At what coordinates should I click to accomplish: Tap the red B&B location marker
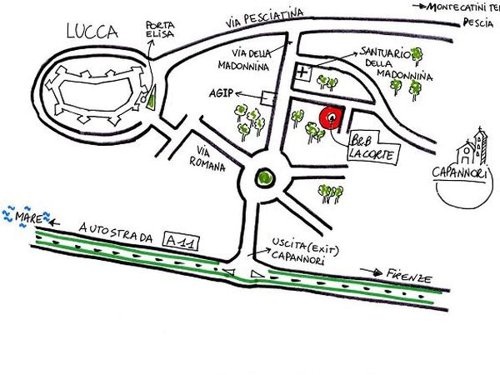pos(331,119)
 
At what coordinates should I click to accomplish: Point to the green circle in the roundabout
pos(265,177)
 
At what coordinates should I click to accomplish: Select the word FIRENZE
pos(410,275)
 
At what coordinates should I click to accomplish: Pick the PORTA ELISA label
pos(161,31)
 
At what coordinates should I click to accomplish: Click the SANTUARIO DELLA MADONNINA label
pos(386,62)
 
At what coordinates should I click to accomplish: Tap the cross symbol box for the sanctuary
pos(302,74)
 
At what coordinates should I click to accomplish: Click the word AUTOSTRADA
pos(117,228)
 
